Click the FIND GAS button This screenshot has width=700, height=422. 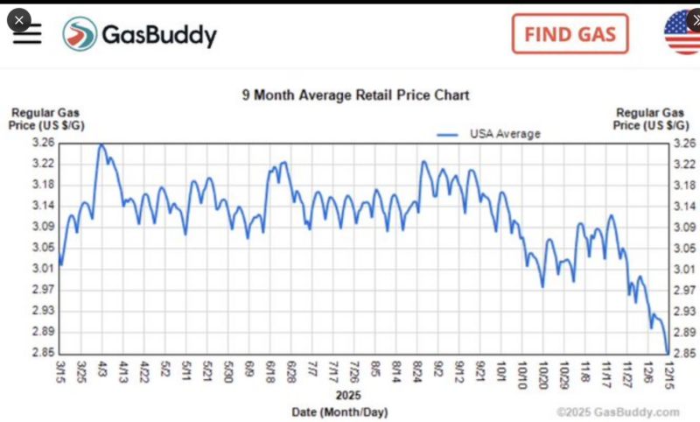[570, 34]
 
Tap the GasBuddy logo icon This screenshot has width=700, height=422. [80, 34]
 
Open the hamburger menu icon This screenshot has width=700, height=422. [27, 33]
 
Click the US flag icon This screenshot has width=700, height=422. [683, 33]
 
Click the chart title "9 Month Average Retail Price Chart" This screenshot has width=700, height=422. [355, 95]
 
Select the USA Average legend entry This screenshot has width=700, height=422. [490, 134]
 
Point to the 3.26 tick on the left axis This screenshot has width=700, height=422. [44, 143]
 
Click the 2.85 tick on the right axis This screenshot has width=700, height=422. [687, 353]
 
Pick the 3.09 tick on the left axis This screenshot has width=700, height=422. [44, 227]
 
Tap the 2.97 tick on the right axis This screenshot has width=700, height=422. [687, 290]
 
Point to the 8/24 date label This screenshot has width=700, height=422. [419, 369]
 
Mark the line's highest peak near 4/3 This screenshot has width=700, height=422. [101, 144]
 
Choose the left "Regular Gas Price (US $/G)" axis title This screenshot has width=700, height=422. [44, 119]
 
